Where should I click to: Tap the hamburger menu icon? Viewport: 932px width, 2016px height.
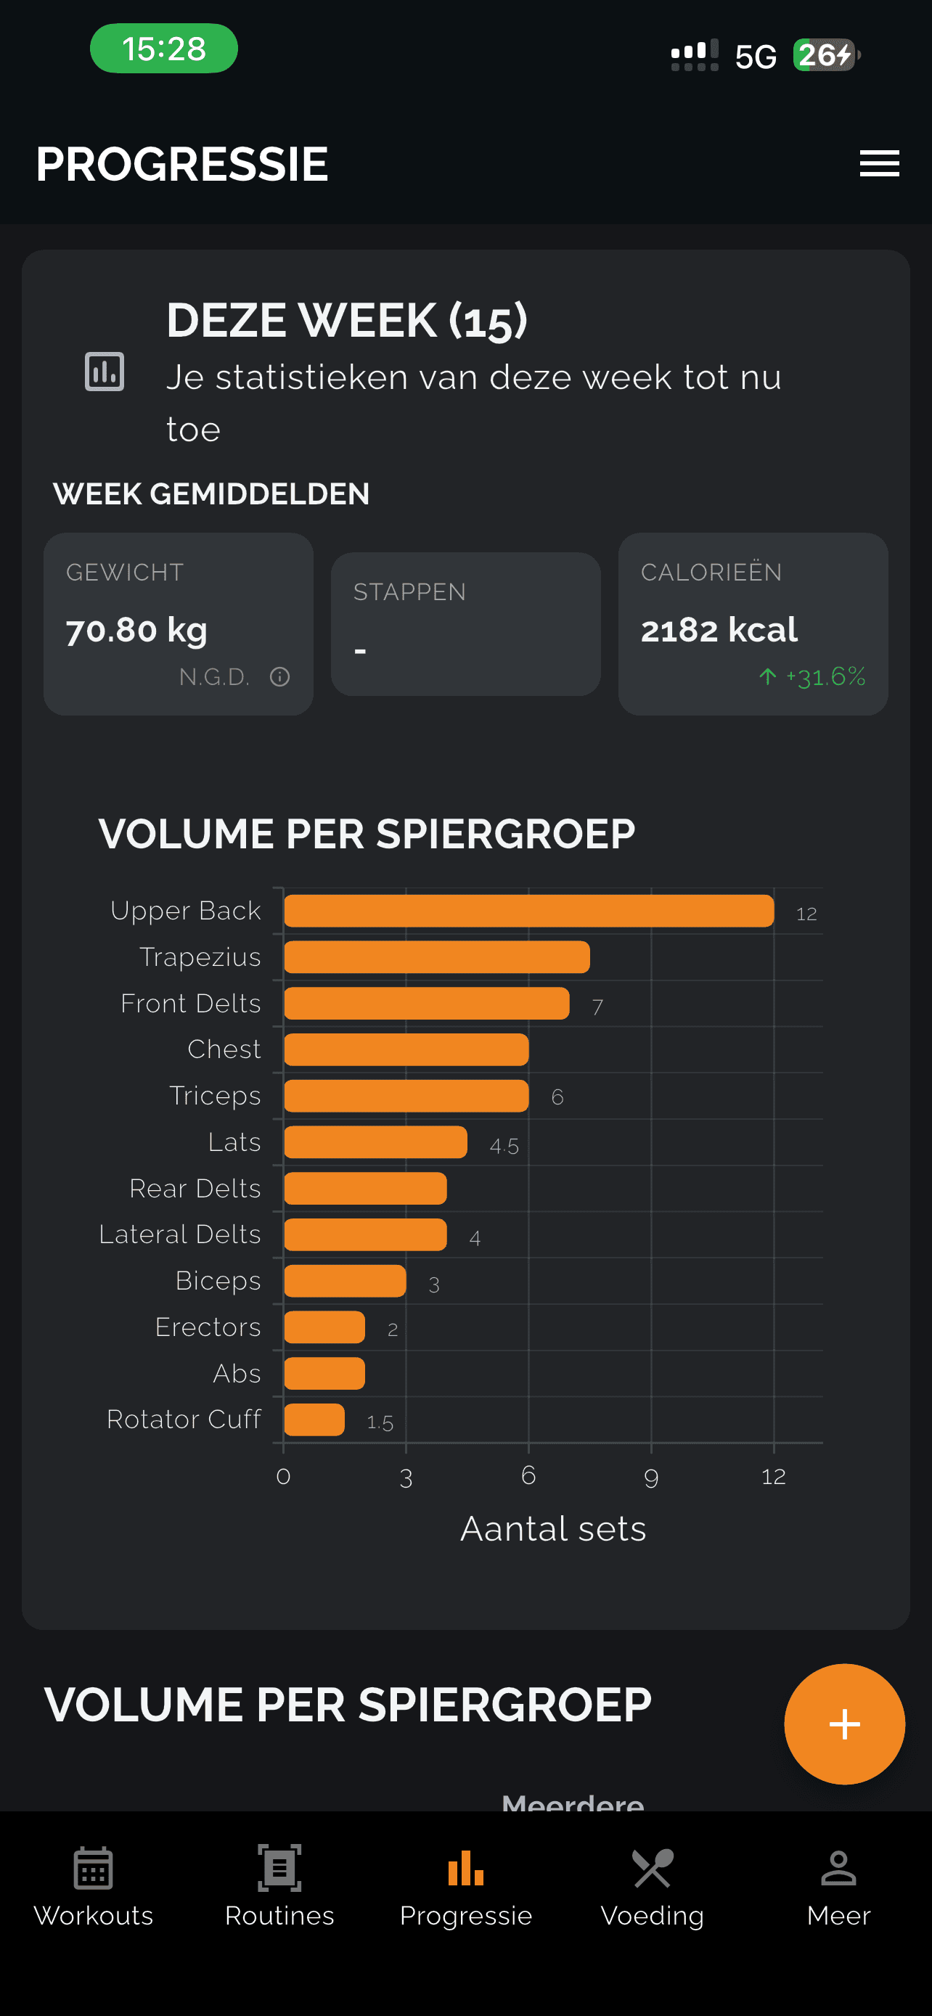tap(879, 163)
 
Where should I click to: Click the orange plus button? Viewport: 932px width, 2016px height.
tap(844, 1724)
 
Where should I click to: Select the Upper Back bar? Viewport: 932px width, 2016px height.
tap(529, 911)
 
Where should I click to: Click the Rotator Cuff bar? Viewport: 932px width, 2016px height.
tap(314, 1419)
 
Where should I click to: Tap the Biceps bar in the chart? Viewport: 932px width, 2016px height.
tap(345, 1281)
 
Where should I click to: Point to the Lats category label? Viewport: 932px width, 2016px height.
tap(234, 1142)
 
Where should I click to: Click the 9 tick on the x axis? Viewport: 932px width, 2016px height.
tap(651, 1477)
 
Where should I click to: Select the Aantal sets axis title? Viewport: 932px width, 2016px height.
tap(553, 1528)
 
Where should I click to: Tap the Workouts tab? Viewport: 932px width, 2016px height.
tap(93, 1888)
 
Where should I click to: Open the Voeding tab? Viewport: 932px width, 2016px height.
tap(652, 1888)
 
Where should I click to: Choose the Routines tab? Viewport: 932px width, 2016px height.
tap(279, 1888)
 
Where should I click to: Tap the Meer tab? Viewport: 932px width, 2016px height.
tap(838, 1888)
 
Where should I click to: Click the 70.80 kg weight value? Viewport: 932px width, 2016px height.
tap(137, 630)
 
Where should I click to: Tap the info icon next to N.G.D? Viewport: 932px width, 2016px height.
tap(279, 677)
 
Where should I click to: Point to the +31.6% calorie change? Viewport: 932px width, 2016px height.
tap(825, 677)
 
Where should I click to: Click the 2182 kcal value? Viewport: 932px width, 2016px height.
tap(719, 630)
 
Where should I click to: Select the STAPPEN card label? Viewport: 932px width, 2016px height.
tap(409, 591)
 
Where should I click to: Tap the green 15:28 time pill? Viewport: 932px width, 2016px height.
tap(163, 49)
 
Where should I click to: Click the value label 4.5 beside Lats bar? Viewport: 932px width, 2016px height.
tap(504, 1147)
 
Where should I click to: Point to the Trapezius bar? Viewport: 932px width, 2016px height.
tap(437, 957)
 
